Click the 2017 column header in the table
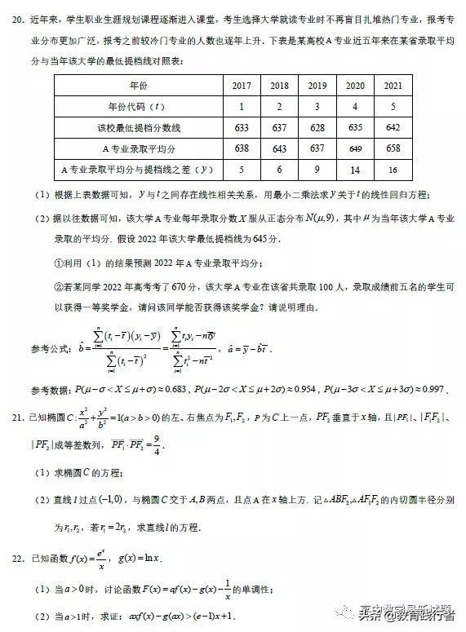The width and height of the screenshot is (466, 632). point(241,86)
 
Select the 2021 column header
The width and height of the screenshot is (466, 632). point(393,86)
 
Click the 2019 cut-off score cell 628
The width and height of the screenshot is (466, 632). point(317,127)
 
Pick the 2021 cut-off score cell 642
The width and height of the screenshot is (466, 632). point(393,127)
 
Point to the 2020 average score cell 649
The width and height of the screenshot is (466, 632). point(355,148)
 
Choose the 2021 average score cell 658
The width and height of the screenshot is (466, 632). point(393,148)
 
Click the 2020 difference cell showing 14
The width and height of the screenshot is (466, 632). point(355,170)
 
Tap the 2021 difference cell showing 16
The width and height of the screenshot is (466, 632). point(393,170)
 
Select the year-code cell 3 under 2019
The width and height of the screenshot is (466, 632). point(317,107)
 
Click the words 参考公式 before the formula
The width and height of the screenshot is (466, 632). point(52,349)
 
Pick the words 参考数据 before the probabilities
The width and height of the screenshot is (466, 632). point(52,391)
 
